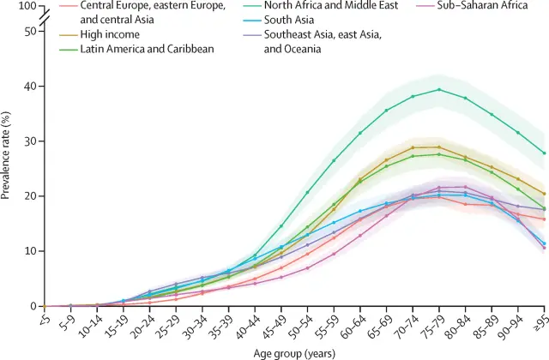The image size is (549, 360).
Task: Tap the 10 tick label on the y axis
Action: (32, 251)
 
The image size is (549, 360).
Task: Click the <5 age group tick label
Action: (45, 322)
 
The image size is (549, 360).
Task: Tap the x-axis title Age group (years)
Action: (294, 351)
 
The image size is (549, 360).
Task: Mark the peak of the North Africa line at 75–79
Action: (439, 89)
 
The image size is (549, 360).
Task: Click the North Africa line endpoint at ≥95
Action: (543, 153)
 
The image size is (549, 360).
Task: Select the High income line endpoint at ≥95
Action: (543, 194)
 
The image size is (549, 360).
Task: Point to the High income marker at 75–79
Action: (439, 147)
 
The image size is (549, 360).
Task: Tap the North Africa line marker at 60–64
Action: (360, 133)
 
